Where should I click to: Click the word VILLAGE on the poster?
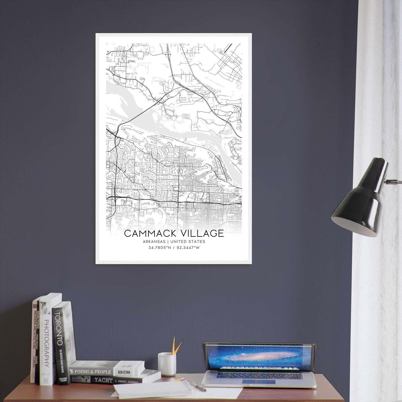click(200, 233)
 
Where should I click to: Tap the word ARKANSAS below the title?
click(154, 242)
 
